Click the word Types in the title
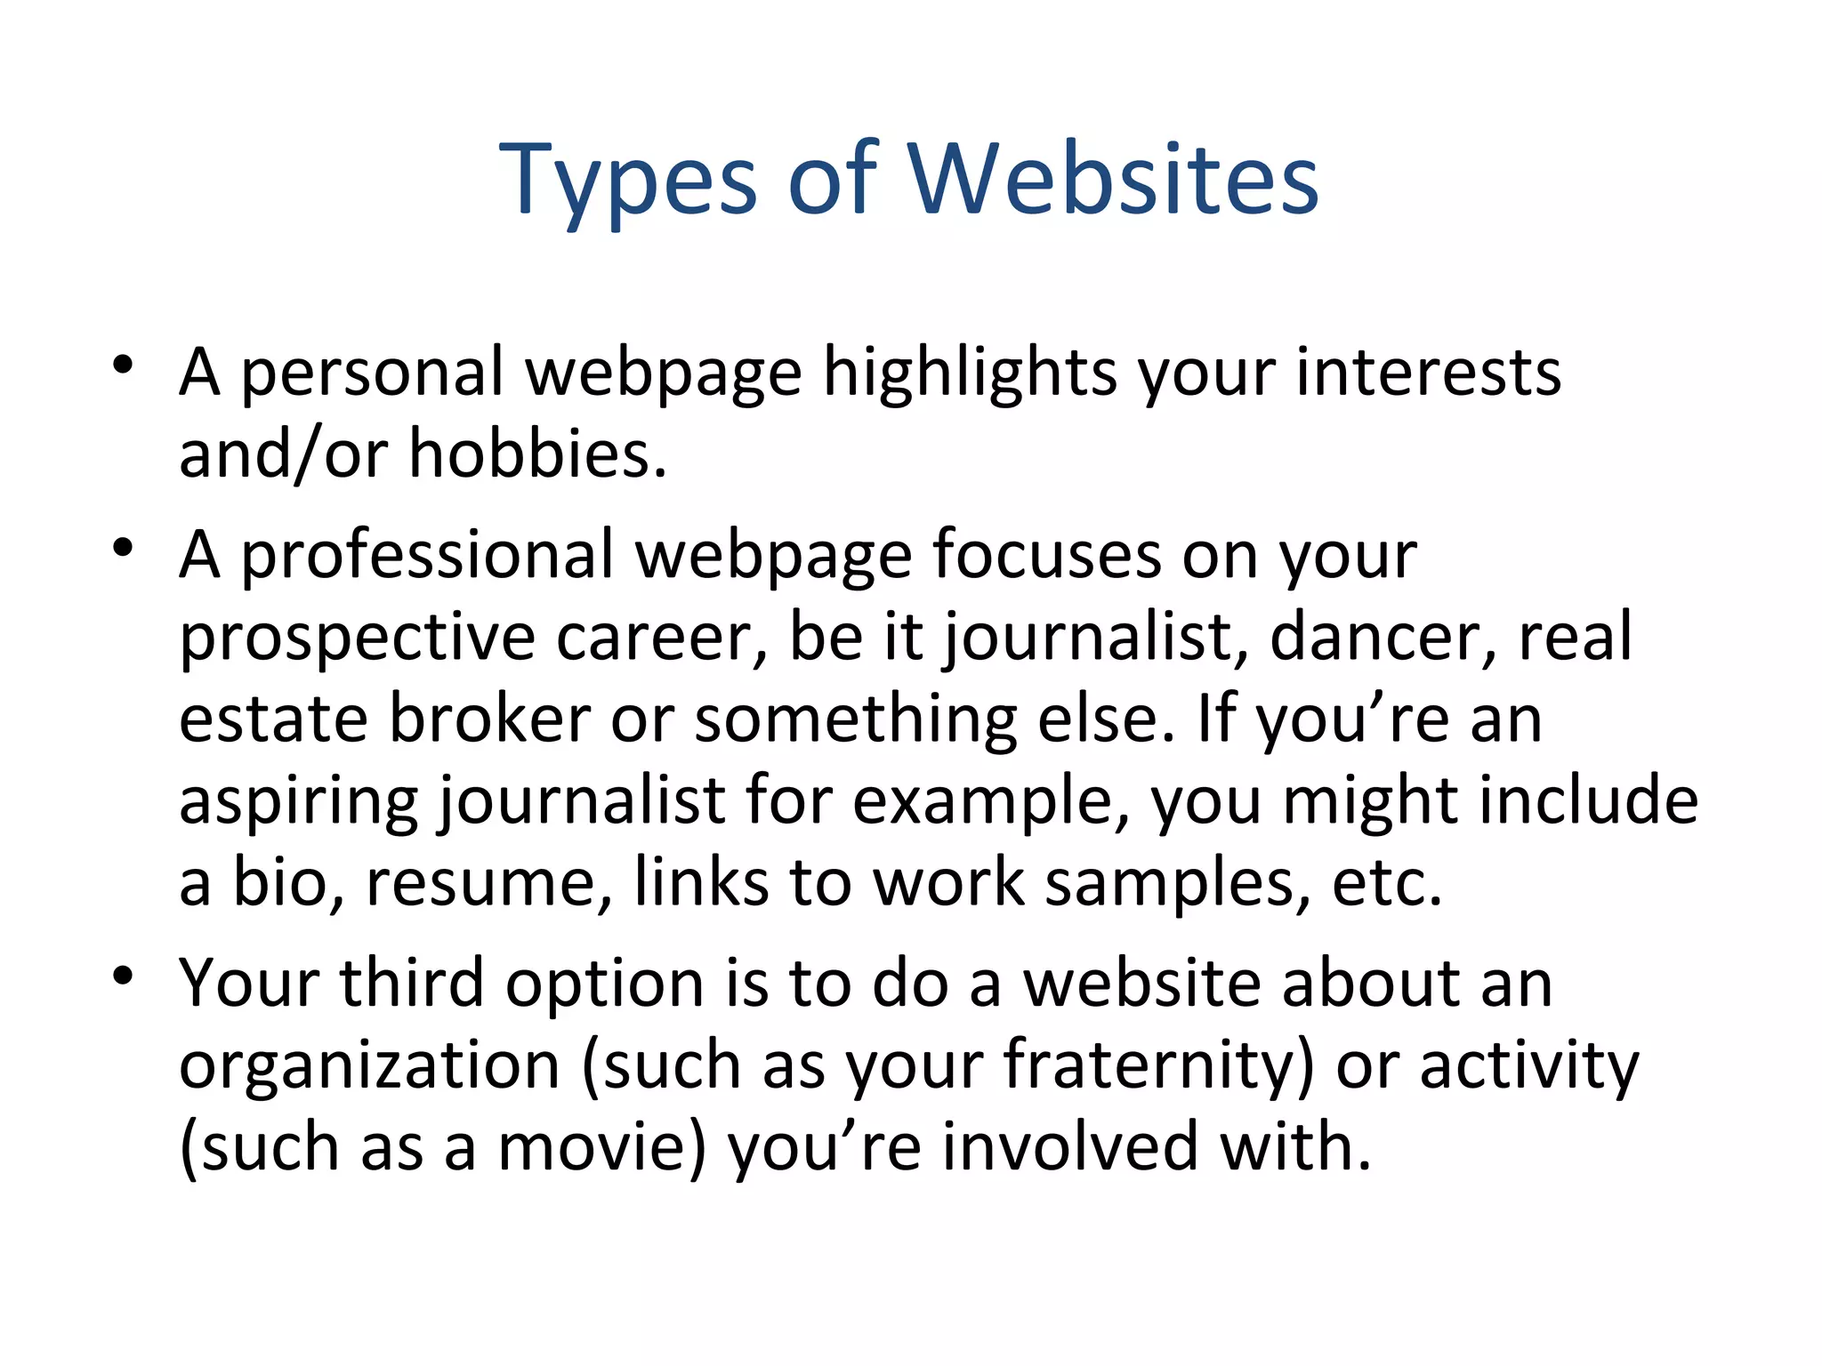click(x=628, y=182)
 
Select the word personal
click(x=373, y=374)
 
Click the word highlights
click(x=970, y=374)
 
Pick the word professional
click(x=427, y=556)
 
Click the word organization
click(x=369, y=1066)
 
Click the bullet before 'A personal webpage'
click(x=123, y=365)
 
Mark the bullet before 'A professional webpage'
click(x=123, y=547)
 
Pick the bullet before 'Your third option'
click(x=123, y=976)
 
